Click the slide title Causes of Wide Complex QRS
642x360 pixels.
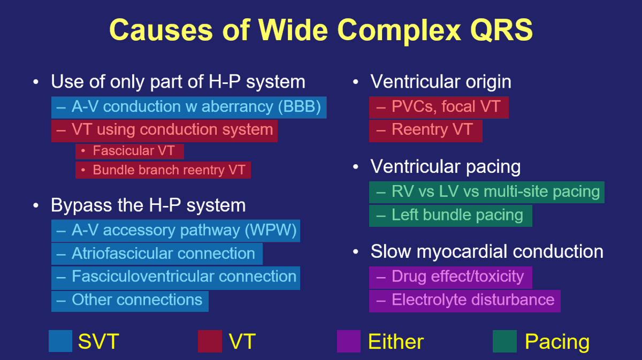tap(321, 30)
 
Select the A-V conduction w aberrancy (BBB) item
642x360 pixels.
tap(189, 107)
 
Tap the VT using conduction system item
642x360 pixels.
tap(164, 129)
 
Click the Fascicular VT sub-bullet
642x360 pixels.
tap(130, 151)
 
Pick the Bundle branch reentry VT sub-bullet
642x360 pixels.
tap(163, 170)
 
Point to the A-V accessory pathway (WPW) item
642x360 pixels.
tap(175, 231)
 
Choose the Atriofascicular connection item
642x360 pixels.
tap(157, 254)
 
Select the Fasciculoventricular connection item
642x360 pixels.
tap(175, 277)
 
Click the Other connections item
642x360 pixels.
tap(130, 300)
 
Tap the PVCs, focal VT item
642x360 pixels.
tap(439, 107)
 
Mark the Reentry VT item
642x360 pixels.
tap(425, 130)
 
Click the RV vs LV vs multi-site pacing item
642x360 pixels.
tap(487, 192)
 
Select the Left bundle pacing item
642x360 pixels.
tap(450, 215)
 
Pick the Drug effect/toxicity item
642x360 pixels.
tap(450, 277)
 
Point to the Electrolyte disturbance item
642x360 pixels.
tap(464, 300)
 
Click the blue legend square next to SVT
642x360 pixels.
tap(60, 341)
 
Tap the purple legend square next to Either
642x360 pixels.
tap(349, 341)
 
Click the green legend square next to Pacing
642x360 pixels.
tap(505, 341)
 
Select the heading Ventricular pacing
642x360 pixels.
tap(445, 167)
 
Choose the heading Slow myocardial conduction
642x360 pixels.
tap(486, 251)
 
